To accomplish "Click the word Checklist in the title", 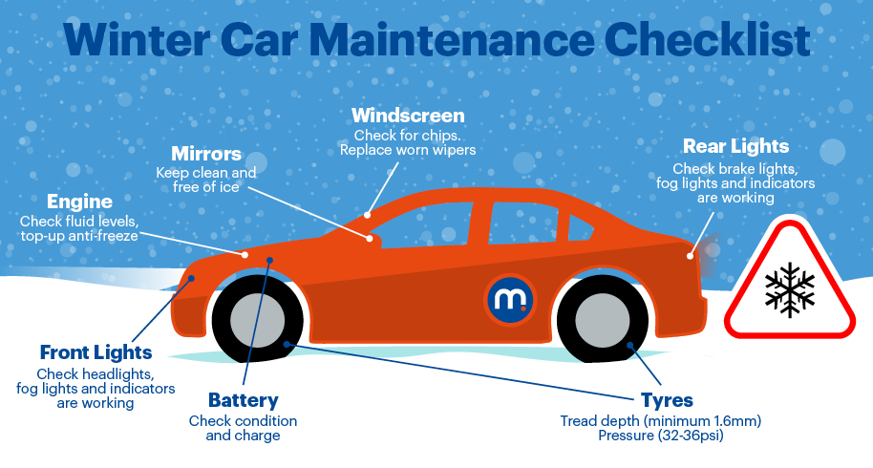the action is pos(707,39).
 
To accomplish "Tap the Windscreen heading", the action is pos(408,116).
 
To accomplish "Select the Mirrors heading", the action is pos(206,154).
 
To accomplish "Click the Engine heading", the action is pos(79,202).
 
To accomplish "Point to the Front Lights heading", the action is pos(96,352).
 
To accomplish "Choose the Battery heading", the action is pos(244,400).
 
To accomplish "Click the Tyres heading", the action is pos(667,401).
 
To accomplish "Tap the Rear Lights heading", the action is pos(735,146).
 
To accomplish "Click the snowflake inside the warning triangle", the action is pos(790,290).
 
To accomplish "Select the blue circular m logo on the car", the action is pos(510,299).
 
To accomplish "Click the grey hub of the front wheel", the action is pos(257,321).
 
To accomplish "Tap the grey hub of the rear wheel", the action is pos(603,321).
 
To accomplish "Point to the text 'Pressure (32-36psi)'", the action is pos(661,436).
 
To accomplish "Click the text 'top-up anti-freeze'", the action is pos(79,236).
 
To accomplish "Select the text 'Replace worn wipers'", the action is pos(408,150).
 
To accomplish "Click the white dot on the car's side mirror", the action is pos(369,238).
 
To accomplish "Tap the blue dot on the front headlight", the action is pos(191,278).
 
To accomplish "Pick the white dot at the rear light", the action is pos(690,256).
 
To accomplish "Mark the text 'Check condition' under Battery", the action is pos(243,421).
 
